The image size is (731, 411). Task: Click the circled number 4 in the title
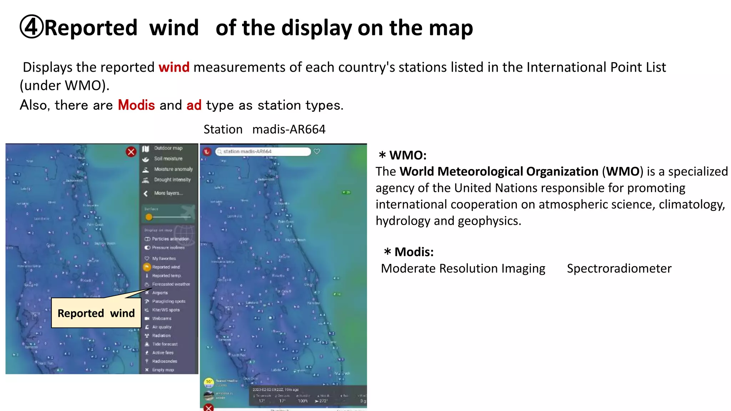click(31, 27)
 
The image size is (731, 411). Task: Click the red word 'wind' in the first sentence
click(174, 67)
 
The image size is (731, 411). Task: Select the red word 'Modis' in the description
click(136, 105)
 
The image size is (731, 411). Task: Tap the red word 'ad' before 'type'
click(194, 105)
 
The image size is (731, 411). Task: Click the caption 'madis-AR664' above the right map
click(289, 129)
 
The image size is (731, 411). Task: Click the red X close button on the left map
click(131, 152)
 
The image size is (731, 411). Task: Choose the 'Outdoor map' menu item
click(168, 148)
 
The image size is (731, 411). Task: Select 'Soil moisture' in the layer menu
click(168, 158)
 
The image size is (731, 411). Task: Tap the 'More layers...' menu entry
click(168, 193)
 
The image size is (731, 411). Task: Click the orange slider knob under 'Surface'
click(149, 217)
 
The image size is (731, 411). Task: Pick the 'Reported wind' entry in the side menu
click(166, 267)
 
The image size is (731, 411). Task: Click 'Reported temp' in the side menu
click(166, 275)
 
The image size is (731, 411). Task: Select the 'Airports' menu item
click(160, 293)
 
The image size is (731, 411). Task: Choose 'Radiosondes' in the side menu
click(164, 361)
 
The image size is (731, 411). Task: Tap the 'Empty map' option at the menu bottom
click(163, 370)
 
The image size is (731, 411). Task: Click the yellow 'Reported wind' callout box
click(96, 313)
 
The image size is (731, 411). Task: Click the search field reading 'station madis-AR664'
click(263, 152)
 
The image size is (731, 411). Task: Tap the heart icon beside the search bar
click(317, 152)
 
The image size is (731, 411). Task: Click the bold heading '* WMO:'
click(403, 155)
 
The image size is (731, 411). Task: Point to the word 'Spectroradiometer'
click(619, 268)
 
